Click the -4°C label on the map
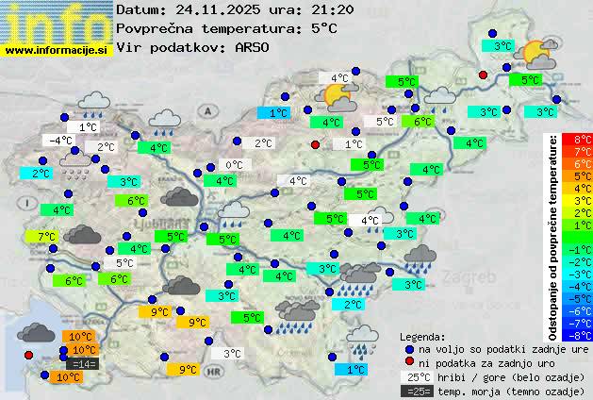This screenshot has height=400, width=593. (x=60, y=141)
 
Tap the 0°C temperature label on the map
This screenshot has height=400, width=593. (x=233, y=165)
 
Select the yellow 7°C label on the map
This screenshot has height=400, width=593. (x=46, y=236)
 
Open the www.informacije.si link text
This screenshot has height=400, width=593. (x=57, y=50)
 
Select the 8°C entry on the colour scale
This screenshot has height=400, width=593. (x=582, y=140)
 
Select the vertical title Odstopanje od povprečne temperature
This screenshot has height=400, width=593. (x=553, y=236)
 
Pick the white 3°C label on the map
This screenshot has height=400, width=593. (x=231, y=354)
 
